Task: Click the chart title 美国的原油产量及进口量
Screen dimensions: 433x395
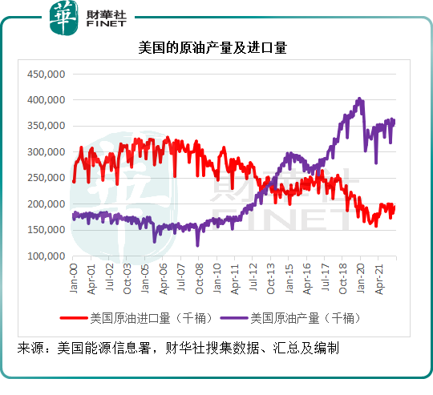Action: tap(212, 48)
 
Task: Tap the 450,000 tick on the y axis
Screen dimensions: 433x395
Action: tap(47, 75)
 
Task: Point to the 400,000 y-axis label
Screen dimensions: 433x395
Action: tap(47, 100)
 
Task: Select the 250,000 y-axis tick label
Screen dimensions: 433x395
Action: tap(47, 178)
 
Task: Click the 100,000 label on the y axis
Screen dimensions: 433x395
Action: tap(47, 256)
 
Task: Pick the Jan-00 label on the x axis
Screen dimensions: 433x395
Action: tap(74, 278)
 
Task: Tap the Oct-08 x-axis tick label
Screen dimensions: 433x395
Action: tap(199, 279)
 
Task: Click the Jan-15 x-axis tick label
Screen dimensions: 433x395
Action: tap(289, 278)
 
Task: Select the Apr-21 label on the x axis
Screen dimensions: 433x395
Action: tap(379, 279)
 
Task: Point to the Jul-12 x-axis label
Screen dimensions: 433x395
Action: tap(253, 277)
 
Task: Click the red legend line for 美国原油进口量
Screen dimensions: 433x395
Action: tap(74, 318)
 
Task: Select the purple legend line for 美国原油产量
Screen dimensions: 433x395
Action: tap(234, 318)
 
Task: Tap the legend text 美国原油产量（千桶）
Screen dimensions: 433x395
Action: tap(306, 318)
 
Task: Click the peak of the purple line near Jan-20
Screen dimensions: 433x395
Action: tap(359, 99)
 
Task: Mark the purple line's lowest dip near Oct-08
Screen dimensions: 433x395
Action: tap(197, 245)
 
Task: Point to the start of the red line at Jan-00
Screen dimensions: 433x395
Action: tap(74, 182)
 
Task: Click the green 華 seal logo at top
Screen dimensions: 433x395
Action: tap(63, 18)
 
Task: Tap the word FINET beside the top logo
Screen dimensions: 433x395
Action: tap(107, 24)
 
